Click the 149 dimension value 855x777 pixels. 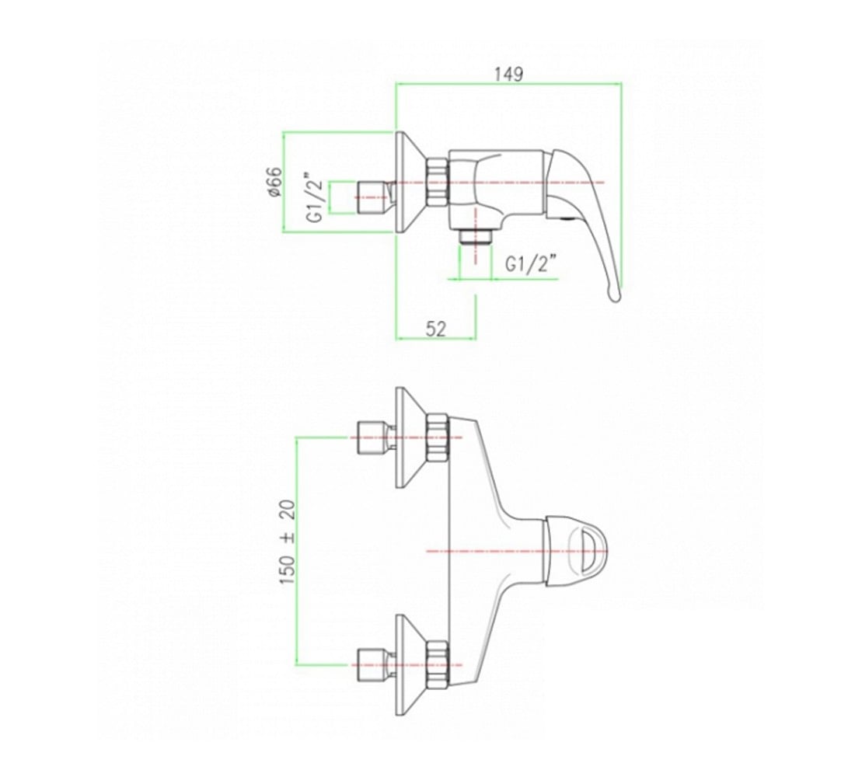tap(508, 74)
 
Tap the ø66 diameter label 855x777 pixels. tap(275, 182)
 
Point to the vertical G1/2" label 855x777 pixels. tap(315, 198)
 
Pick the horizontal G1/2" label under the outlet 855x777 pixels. tap(531, 264)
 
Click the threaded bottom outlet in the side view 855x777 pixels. tap(476, 237)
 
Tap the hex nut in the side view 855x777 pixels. tap(438, 182)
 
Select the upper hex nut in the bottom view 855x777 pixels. tap(437, 438)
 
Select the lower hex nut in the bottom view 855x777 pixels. tap(437, 666)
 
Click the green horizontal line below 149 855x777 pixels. tap(508, 83)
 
